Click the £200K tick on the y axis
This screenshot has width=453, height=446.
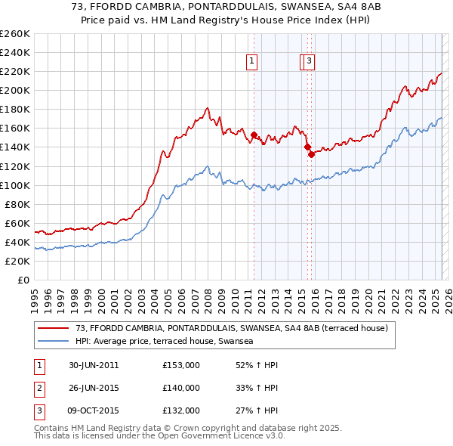(15, 90)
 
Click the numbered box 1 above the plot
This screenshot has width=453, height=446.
(251, 63)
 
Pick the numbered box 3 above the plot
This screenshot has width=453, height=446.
(310, 63)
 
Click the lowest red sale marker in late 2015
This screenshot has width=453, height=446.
(311, 154)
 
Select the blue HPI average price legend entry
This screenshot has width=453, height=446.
(163, 341)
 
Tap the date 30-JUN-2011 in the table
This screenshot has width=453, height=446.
(94, 365)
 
